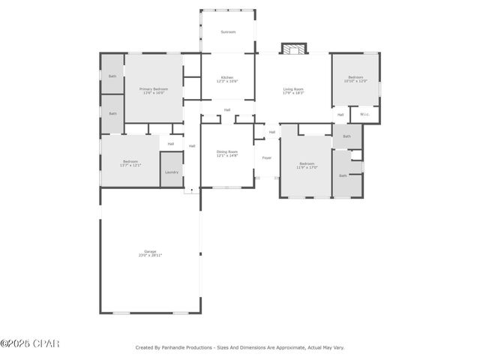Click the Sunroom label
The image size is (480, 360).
(228, 32)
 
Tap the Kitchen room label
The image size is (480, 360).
(228, 79)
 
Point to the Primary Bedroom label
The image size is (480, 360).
(154, 91)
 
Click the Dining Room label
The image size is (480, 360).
(227, 154)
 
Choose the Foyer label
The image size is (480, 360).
(267, 157)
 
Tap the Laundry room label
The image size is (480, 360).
(172, 172)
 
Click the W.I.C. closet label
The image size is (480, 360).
(364, 115)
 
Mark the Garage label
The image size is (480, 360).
(150, 253)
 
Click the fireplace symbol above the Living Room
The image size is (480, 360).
(294, 49)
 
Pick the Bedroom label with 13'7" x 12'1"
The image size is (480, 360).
(130, 163)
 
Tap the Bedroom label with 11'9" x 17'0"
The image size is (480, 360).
(307, 165)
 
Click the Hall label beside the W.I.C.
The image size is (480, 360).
(340, 115)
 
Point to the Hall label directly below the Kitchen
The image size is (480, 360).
(226, 110)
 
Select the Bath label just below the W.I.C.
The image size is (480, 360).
(346, 136)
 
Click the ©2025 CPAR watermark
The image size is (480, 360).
(29, 343)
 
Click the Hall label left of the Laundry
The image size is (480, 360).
(171, 144)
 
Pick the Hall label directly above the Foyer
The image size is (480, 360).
(272, 132)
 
